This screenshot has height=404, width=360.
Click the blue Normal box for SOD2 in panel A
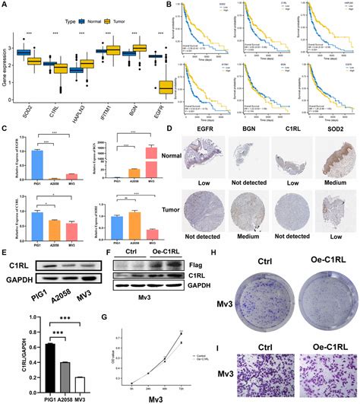24,52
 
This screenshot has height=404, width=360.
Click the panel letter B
180,6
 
